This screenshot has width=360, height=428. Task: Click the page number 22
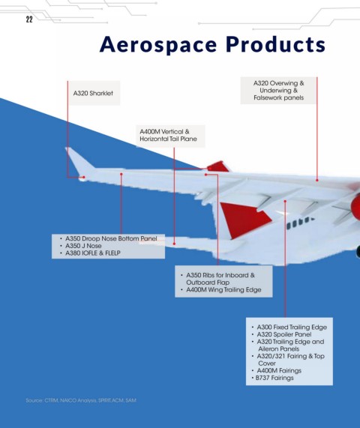tap(29, 19)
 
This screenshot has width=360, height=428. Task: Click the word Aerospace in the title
tap(158, 45)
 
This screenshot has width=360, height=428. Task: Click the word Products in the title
tap(275, 44)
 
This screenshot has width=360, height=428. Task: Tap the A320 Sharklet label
tap(93, 94)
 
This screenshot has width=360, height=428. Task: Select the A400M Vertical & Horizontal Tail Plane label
tap(168, 135)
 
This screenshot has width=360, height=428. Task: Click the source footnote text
tap(81, 400)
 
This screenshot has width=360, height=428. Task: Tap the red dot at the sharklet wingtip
tap(84, 177)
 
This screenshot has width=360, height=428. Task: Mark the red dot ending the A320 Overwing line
tap(317, 180)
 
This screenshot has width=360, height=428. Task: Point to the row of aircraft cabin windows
tap(300, 223)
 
